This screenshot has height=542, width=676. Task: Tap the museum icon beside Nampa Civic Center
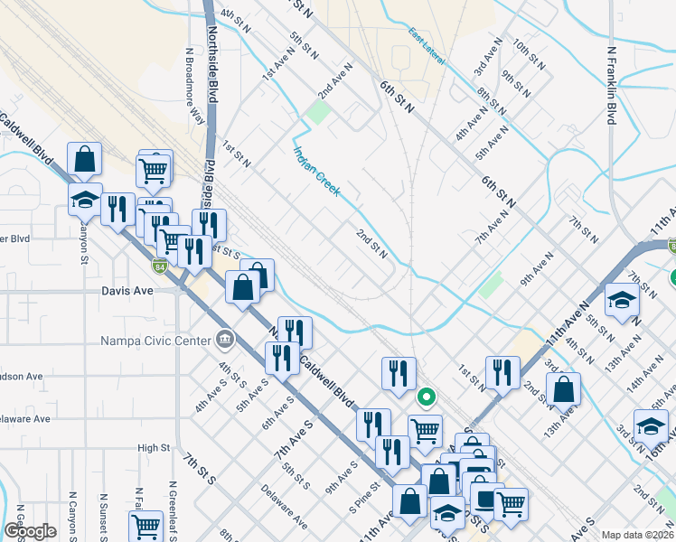[224, 341]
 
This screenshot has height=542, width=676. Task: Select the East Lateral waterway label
[427, 48]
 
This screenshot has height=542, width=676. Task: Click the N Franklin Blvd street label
[612, 86]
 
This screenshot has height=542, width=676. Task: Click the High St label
[154, 447]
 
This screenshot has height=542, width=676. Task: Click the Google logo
[31, 531]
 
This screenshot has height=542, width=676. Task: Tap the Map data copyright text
[636, 535]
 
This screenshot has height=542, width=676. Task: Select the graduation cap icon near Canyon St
[84, 201]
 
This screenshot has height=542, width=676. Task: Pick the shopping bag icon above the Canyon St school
[84, 160]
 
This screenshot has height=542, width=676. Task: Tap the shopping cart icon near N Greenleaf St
[146, 527]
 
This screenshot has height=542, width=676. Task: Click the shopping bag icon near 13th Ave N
[563, 389]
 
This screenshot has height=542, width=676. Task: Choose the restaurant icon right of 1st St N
[502, 371]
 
